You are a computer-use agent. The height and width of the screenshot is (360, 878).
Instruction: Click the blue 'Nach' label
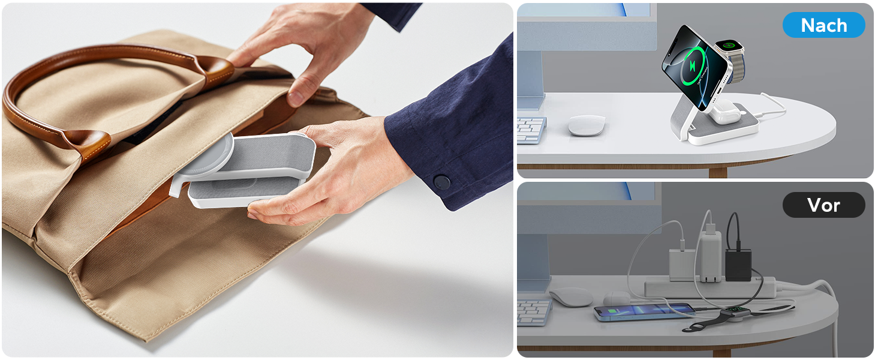pyautogui.click(x=823, y=25)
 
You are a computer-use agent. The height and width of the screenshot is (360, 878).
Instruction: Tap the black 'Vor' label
pyautogui.click(x=823, y=205)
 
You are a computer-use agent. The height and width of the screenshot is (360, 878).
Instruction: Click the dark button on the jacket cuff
pyautogui.click(x=442, y=182)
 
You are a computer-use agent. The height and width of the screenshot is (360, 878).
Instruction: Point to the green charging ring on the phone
pyautogui.click(x=693, y=65)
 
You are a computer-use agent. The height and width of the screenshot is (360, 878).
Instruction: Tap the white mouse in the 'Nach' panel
pyautogui.click(x=587, y=125)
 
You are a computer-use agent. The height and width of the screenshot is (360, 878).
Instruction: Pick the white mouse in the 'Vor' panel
pyautogui.click(x=572, y=297)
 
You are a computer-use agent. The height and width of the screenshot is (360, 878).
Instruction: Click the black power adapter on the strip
pyautogui.click(x=738, y=265)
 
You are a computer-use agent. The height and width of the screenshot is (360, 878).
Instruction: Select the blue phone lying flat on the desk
pyautogui.click(x=644, y=312)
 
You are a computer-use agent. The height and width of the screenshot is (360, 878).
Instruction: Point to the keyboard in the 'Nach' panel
pyautogui.click(x=531, y=130)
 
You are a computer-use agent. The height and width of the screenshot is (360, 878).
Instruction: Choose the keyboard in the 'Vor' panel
pyautogui.click(x=533, y=312)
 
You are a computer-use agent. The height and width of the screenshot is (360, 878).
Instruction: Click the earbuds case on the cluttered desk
pyautogui.click(x=616, y=299)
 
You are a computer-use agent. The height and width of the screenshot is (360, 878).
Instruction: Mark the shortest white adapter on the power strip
pyautogui.click(x=682, y=265)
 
